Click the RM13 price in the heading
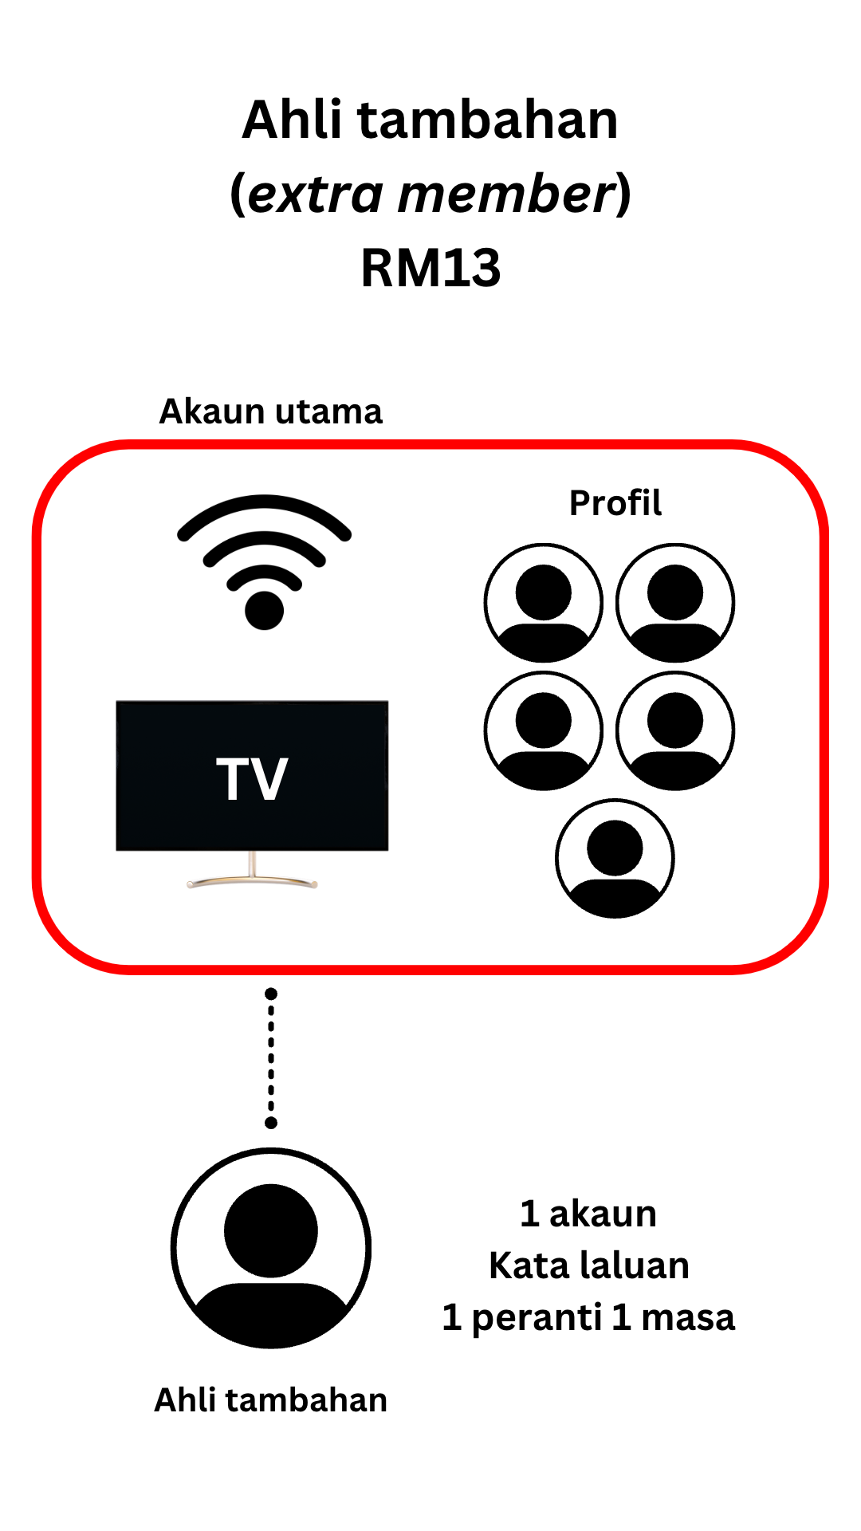click(x=431, y=268)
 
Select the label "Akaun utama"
click(x=271, y=411)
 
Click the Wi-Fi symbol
click(x=264, y=558)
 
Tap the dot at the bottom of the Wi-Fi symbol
click(x=264, y=611)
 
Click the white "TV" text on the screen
click(x=252, y=779)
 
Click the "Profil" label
click(x=615, y=503)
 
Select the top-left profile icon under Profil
click(x=544, y=603)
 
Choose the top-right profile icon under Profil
click(x=675, y=603)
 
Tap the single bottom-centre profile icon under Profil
click(x=615, y=859)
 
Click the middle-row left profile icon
click(x=544, y=731)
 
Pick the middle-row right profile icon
click(x=675, y=731)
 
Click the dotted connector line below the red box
click(x=271, y=1058)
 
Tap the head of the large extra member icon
click(x=271, y=1230)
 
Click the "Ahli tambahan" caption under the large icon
click(x=271, y=1400)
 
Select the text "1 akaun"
click(x=588, y=1214)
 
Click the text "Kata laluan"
click(x=588, y=1265)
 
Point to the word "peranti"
click(x=536, y=1318)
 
